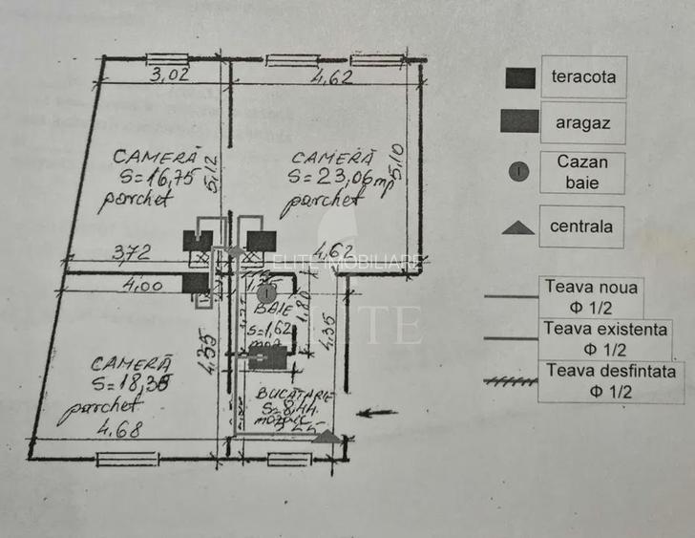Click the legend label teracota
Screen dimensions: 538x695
[x=583, y=77]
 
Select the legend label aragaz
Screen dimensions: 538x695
[x=582, y=122]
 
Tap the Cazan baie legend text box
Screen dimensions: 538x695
[x=582, y=172]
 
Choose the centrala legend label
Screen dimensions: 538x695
[x=581, y=226]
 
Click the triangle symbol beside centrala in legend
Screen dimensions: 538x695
[x=517, y=227]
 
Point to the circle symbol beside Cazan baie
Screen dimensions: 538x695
[x=517, y=172]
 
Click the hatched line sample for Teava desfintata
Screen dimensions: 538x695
[x=511, y=380]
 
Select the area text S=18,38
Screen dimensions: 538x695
[x=133, y=385]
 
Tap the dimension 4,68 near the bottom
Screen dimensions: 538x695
[x=119, y=429]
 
